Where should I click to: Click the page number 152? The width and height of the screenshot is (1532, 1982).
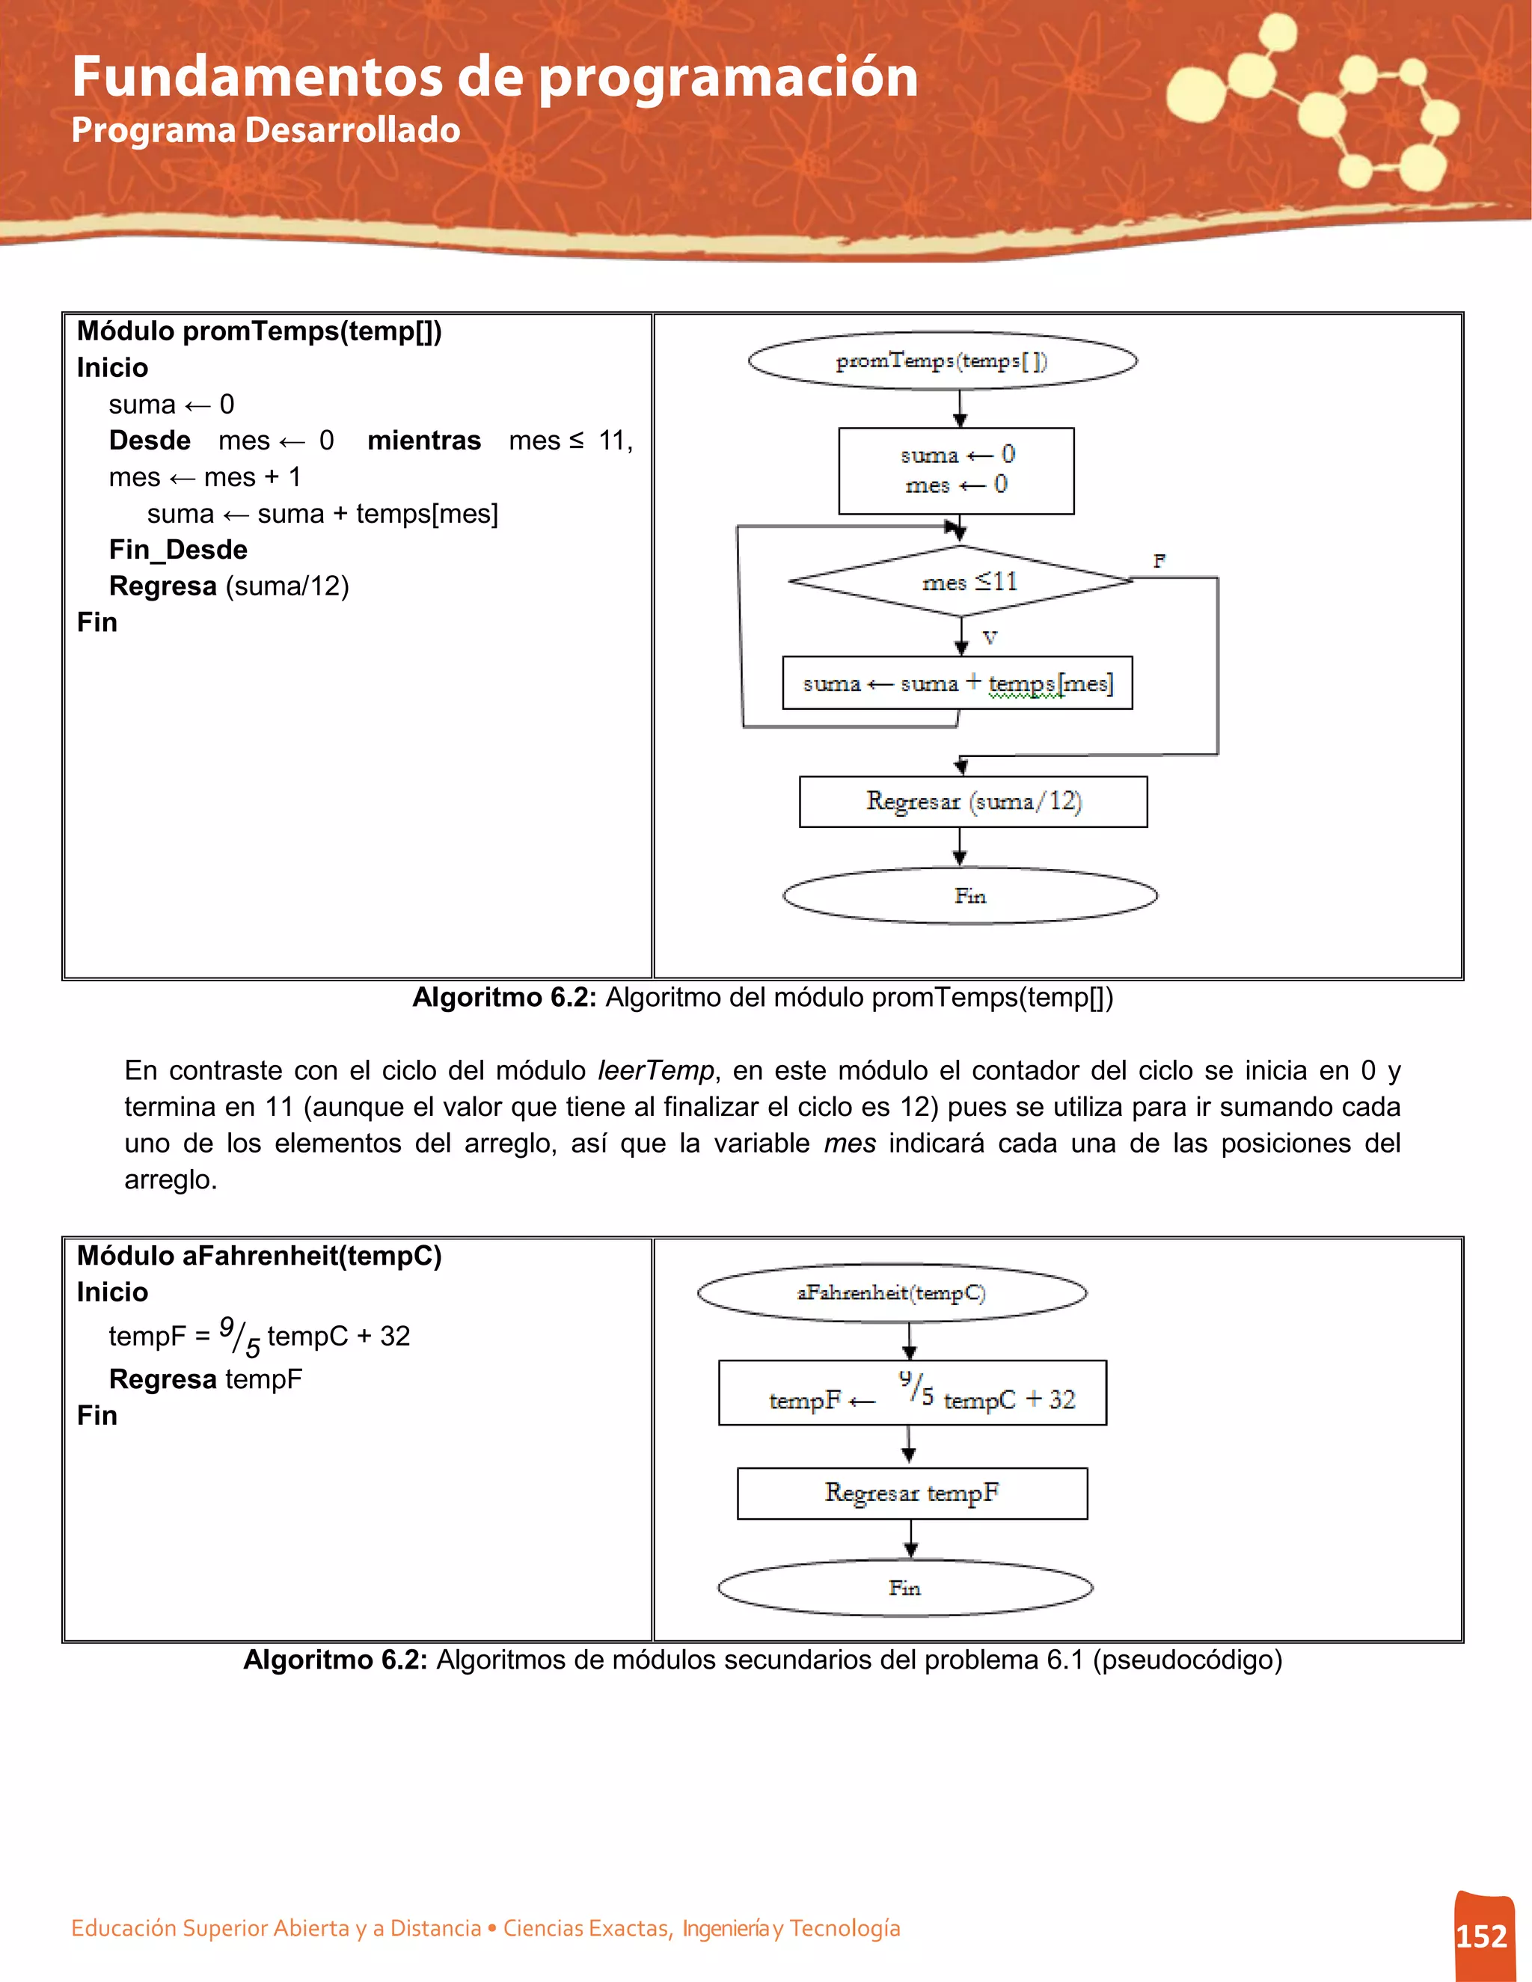click(1481, 1936)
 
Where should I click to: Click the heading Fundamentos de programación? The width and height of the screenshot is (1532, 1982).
click(494, 76)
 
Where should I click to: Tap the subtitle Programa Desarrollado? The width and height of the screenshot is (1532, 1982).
click(265, 130)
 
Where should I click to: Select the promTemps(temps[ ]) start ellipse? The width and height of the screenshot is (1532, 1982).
click(942, 360)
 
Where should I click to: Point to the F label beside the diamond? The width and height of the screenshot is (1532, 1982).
click(1159, 561)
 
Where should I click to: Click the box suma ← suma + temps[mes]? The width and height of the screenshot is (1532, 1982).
click(957, 682)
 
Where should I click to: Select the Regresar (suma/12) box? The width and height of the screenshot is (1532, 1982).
click(973, 801)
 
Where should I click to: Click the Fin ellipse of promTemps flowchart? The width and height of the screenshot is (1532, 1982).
click(969, 896)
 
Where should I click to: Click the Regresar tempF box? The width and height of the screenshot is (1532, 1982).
click(912, 1493)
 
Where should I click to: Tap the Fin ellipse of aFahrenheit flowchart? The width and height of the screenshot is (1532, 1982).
click(905, 1587)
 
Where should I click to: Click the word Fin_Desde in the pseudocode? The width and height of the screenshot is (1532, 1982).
click(178, 549)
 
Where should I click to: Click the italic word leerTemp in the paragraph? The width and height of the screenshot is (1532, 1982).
click(655, 1070)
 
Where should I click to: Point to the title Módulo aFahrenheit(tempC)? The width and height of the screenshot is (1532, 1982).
click(260, 1255)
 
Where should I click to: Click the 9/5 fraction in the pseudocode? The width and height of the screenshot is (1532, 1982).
click(239, 1337)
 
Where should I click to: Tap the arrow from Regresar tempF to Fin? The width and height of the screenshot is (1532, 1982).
click(911, 1539)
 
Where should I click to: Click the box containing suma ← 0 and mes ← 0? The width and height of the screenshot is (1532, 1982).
click(957, 471)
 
